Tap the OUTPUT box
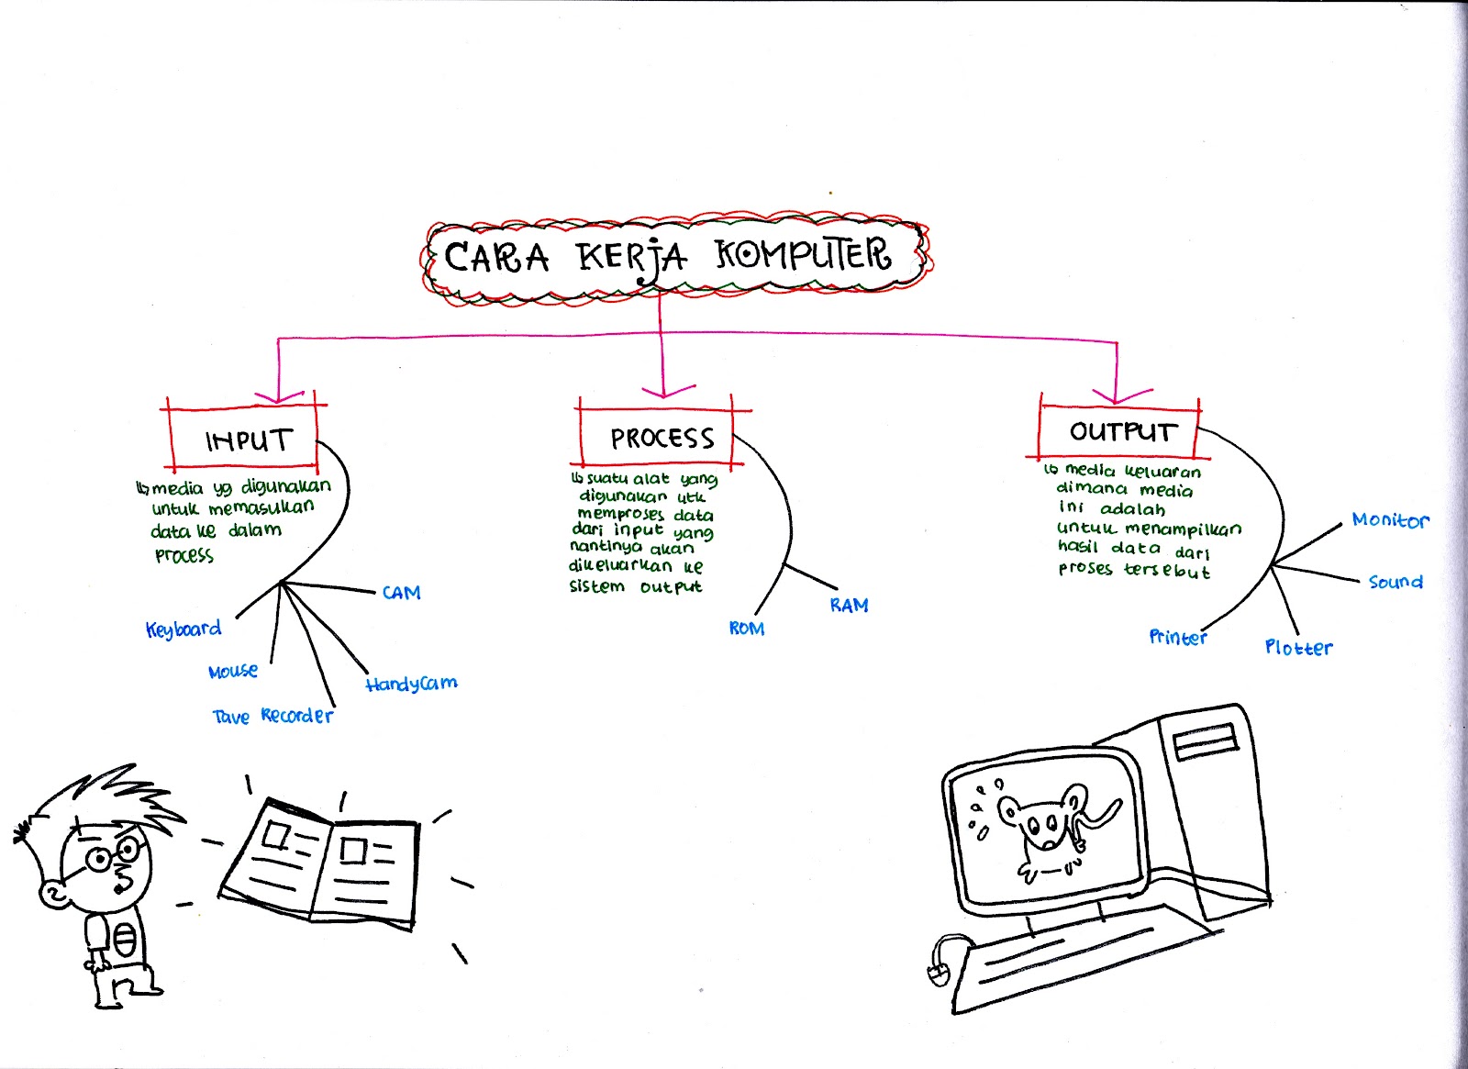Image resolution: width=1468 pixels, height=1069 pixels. tap(1120, 430)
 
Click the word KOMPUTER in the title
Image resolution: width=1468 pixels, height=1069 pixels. tap(803, 255)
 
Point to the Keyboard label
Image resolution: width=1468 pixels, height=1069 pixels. tap(183, 629)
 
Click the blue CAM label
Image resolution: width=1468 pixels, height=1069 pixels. tap(401, 593)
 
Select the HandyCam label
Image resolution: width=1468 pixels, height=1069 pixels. tap(410, 684)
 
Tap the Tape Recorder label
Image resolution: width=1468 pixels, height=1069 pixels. tap(272, 716)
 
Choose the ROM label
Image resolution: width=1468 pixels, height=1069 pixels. tap(746, 629)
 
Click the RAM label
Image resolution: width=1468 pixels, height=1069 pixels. tap(849, 606)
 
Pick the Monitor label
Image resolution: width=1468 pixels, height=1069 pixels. tap(1389, 520)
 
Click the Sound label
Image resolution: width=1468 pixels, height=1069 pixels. tap(1395, 582)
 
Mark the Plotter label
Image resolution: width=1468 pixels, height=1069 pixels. tap(1297, 648)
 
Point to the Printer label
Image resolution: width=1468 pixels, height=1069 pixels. tap(1177, 637)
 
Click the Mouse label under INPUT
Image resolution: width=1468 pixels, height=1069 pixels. tap(233, 672)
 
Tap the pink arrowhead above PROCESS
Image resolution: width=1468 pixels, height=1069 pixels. tap(662, 390)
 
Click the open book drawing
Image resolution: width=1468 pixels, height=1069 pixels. tap(321, 863)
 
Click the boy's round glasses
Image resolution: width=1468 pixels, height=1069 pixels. tap(112, 855)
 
